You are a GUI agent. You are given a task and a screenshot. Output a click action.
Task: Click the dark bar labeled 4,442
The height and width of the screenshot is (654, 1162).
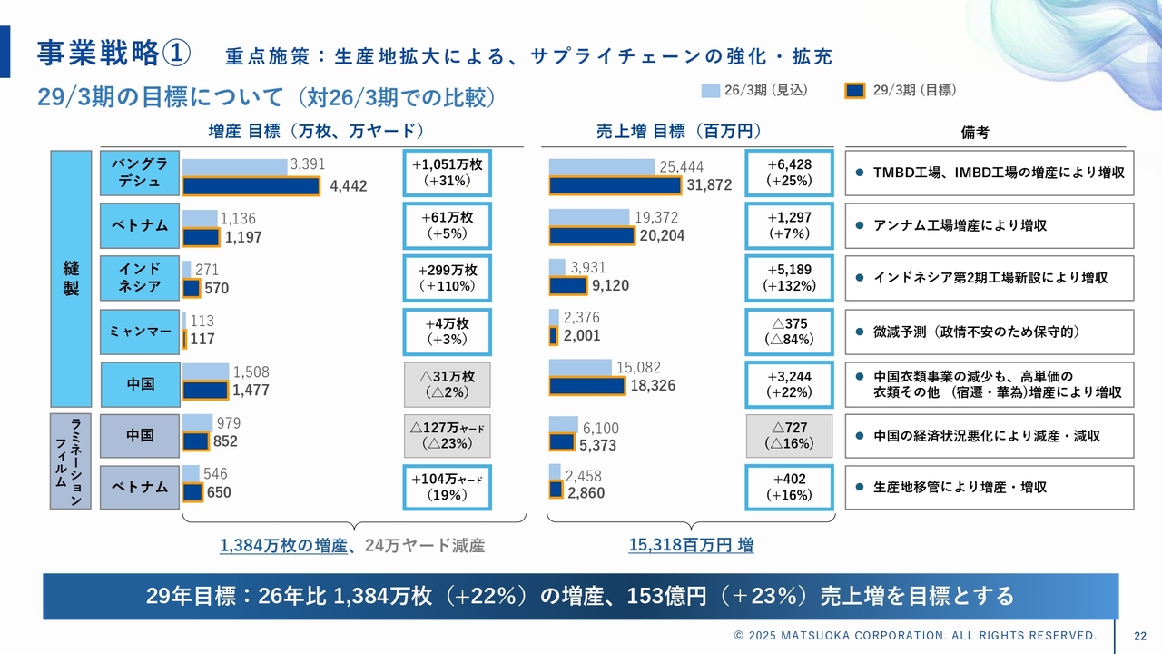(251, 186)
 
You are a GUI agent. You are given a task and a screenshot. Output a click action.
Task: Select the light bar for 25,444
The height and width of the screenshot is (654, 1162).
(601, 167)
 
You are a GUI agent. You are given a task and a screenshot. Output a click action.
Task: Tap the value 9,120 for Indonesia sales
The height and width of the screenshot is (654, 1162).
(610, 285)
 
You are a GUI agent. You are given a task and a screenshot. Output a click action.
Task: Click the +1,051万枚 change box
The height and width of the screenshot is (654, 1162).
(447, 173)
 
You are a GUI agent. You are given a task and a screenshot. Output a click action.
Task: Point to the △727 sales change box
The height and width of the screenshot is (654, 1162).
(788, 435)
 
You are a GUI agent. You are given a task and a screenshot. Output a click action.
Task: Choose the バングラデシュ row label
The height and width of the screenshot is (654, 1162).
(140, 173)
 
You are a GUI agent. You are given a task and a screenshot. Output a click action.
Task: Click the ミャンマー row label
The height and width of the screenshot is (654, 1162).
(140, 332)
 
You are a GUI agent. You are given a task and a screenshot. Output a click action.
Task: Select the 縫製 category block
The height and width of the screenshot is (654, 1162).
(72, 278)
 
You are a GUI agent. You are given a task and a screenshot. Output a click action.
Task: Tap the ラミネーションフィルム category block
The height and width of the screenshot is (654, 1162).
(72, 461)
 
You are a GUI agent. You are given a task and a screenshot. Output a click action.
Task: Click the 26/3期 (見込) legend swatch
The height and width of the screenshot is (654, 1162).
(710, 90)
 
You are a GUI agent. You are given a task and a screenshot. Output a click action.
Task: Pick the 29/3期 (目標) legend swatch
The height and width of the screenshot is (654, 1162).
(855, 90)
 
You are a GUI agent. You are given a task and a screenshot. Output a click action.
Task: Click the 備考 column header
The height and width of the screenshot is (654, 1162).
(975, 132)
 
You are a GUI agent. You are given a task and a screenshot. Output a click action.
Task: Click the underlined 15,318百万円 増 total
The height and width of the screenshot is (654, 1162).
(691, 545)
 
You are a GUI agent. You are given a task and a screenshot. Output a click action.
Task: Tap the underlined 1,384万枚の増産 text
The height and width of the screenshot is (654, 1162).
(282, 545)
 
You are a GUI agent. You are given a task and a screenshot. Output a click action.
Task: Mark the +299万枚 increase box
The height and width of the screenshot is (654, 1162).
(447, 278)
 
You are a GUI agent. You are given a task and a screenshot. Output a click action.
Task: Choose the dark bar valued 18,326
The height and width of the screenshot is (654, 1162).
(586, 386)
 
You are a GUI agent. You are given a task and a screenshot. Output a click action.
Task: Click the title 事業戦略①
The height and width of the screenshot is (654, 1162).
(113, 54)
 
